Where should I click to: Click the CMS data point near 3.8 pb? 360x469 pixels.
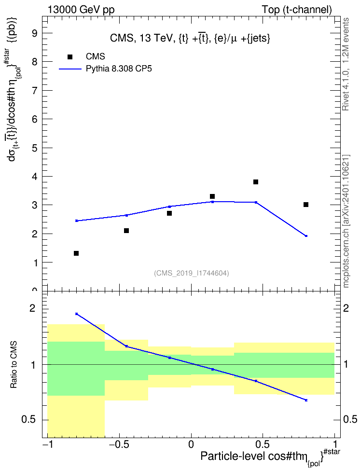point(256,182)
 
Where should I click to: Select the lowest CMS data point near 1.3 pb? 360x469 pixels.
point(76,253)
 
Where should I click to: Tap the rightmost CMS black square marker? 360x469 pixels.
point(306,205)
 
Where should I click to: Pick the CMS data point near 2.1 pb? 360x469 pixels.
point(126,231)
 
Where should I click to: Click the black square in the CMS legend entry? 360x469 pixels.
point(70,57)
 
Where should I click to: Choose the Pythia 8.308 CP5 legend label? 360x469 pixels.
point(119,69)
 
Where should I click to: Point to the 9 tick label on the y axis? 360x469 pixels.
point(35,33)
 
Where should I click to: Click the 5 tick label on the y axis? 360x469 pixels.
point(35,148)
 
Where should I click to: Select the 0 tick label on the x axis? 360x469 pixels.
point(191,444)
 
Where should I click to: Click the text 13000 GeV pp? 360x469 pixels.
point(81,10)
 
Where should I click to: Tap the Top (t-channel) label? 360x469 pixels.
point(297,10)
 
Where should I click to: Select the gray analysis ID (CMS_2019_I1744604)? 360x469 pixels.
point(192,273)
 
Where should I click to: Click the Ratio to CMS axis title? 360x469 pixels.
point(14,365)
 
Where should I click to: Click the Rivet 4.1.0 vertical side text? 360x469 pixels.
point(346,64)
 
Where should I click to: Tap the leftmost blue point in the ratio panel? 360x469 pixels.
point(77,314)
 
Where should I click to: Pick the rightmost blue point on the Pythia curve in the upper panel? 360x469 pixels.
point(306,236)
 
